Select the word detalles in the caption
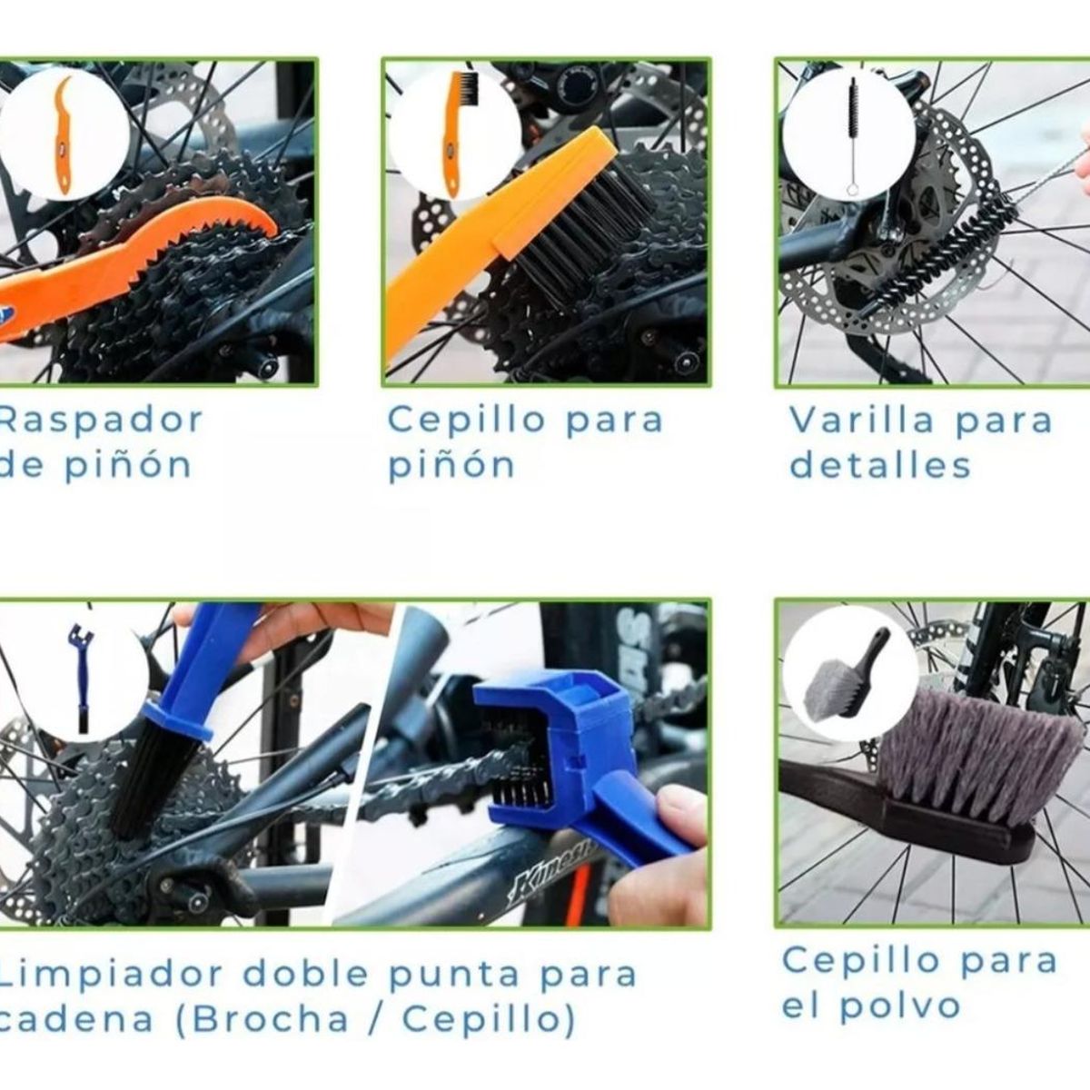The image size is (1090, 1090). [879, 466]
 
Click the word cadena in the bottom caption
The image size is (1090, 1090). [76, 1019]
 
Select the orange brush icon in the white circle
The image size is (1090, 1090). [456, 132]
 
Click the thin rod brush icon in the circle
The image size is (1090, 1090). [853, 136]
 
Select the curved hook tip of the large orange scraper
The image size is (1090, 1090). [263, 218]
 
